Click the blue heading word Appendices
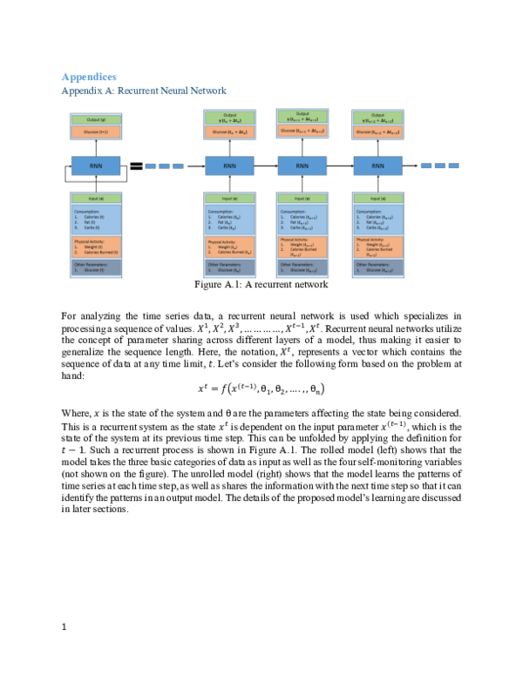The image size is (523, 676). pos(88,77)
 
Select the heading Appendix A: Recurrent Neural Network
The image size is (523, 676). pos(143,90)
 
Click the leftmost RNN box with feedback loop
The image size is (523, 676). pos(93,166)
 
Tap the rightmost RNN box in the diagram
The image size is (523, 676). pos(377,166)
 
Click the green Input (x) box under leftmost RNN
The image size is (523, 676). pos(93,199)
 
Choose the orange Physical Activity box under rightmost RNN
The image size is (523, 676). pos(377,247)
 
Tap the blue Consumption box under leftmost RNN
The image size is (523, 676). pos(93,218)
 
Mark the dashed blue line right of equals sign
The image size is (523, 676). pos(165,166)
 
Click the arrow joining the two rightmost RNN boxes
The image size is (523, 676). pos(340,166)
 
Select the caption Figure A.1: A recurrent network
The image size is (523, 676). pos(261,284)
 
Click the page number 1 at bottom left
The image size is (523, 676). pos(65,625)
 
